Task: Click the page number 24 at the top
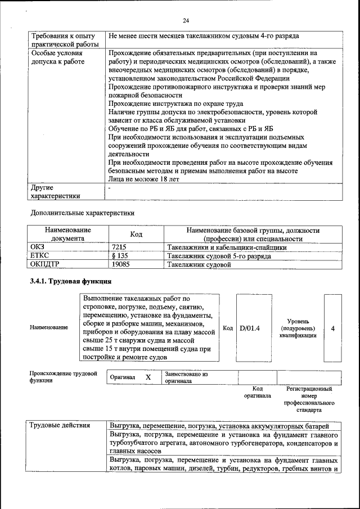[186, 21]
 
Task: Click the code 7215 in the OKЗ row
[119, 247]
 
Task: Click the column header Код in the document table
[136, 235]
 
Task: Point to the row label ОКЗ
[38, 247]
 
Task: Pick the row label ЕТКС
[39, 255]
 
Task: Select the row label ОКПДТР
[44, 263]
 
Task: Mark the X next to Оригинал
[148, 377]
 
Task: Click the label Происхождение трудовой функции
[63, 377]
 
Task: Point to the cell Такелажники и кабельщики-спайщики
[227, 247]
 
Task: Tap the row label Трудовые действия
[60, 425]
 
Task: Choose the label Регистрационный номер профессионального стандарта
[308, 400]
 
